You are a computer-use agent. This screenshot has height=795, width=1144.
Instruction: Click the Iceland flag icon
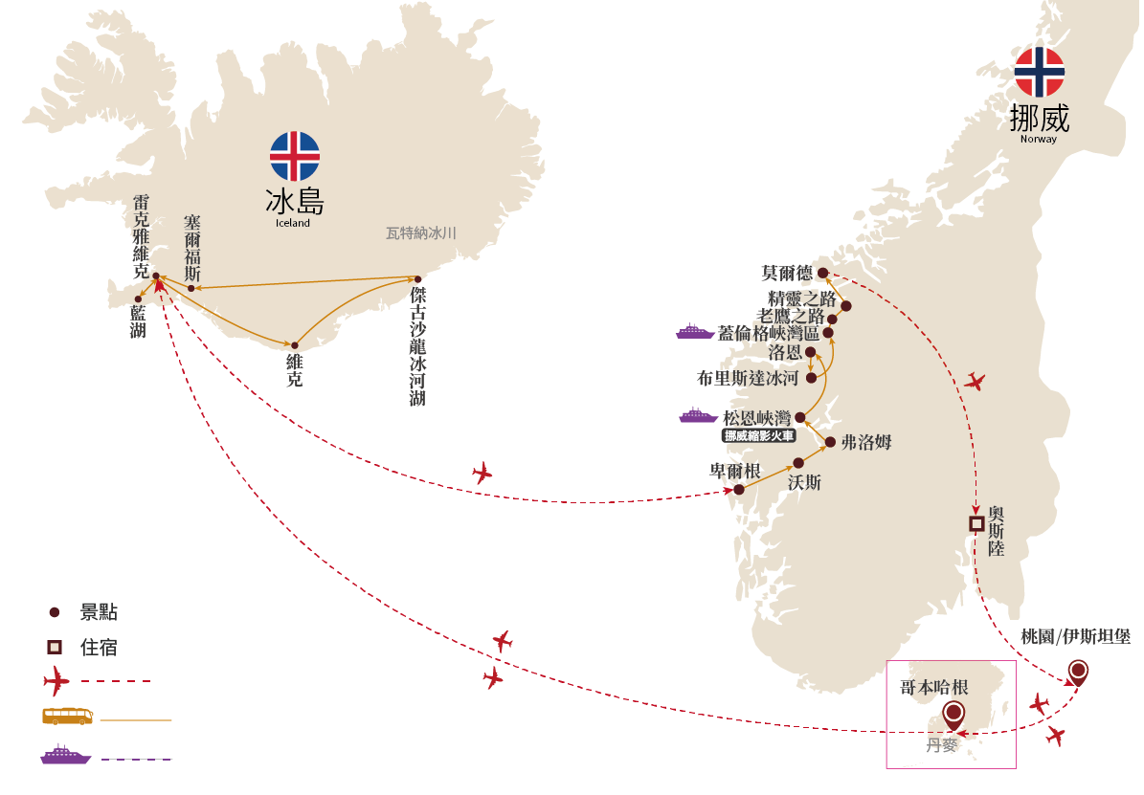(x=295, y=156)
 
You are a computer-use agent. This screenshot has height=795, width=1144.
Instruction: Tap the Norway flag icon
(x=1039, y=72)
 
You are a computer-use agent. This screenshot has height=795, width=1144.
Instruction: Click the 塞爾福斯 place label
(x=191, y=248)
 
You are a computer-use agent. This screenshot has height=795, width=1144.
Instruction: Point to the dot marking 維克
(x=295, y=345)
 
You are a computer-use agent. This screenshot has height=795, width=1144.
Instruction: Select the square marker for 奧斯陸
(x=976, y=523)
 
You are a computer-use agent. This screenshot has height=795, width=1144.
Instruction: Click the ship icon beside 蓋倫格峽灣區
(x=695, y=331)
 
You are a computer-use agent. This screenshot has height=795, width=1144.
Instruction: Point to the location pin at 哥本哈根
(x=953, y=713)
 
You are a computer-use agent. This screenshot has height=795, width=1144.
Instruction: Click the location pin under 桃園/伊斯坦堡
(x=1078, y=672)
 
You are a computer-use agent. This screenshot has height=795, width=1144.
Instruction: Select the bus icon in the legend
(x=67, y=717)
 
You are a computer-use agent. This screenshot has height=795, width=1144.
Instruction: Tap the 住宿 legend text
(x=99, y=647)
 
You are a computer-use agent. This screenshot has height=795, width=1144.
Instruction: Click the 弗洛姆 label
(x=866, y=442)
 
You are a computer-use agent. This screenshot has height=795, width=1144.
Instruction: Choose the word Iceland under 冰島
(x=293, y=223)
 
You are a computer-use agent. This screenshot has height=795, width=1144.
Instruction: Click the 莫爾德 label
(x=786, y=273)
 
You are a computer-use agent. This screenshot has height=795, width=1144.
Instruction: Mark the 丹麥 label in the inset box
(x=941, y=745)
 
